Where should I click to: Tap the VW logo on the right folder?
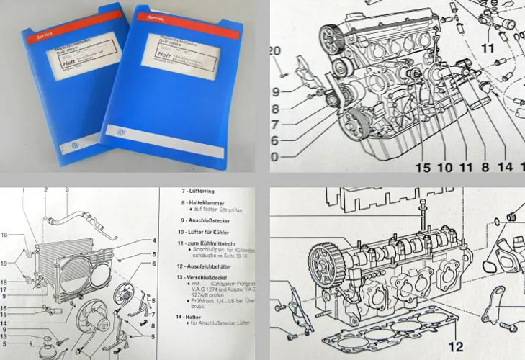coord(118,134)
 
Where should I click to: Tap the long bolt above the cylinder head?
coord(425,212)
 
